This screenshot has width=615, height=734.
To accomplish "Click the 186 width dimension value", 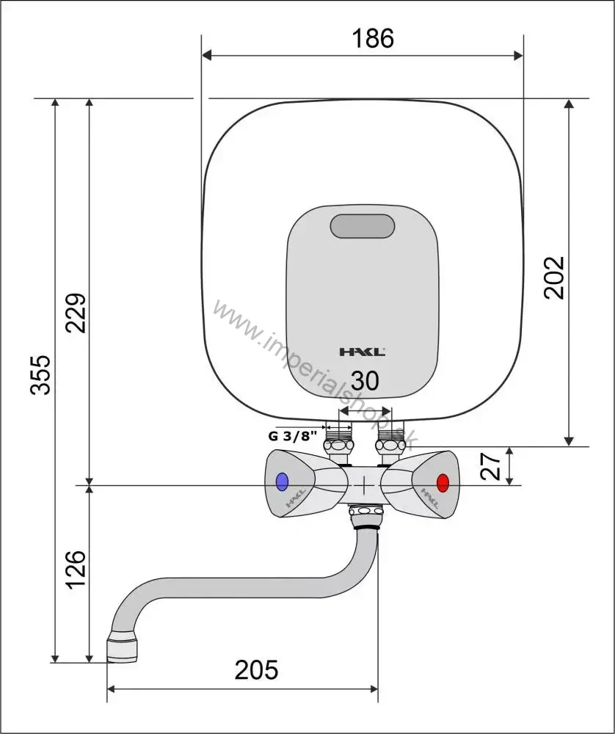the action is [x=373, y=38].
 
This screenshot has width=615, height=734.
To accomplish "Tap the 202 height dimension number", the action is [x=554, y=277].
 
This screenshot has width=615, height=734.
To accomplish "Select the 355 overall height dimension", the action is [x=40, y=374].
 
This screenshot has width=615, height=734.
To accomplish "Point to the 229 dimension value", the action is [x=76, y=313].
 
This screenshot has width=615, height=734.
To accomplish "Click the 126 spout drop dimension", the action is [x=76, y=570].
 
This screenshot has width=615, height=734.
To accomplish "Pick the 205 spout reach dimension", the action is [x=256, y=670].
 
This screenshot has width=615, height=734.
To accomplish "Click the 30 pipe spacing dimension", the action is [x=365, y=381].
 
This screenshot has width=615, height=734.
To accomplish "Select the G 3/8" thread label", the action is [x=293, y=436].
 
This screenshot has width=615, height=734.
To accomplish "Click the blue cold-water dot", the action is [x=282, y=482].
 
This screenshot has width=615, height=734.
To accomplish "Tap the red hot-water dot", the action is [x=443, y=483].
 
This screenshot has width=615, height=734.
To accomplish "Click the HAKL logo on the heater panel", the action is [x=363, y=352].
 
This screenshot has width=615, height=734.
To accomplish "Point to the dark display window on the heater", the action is [x=363, y=226].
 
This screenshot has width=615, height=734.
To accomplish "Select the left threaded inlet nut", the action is [x=339, y=444].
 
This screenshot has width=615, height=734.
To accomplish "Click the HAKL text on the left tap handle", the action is [x=296, y=498].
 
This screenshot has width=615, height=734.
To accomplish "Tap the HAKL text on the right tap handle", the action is [x=429, y=498].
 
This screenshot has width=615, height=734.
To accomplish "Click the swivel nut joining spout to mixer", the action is [x=366, y=516].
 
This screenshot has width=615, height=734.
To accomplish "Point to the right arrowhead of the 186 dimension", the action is [x=518, y=56].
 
